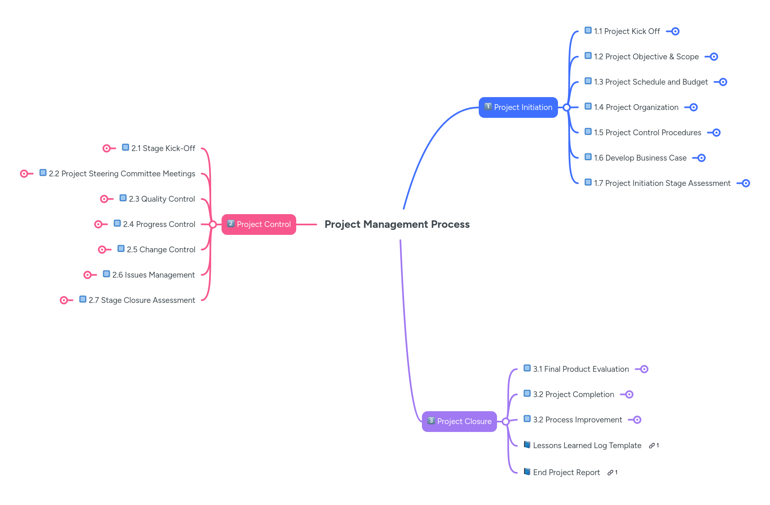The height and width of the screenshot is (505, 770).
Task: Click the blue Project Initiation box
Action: coord(518,107)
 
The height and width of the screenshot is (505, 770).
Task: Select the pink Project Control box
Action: coord(258,224)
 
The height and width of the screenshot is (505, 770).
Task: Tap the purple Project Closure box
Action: coord(459,422)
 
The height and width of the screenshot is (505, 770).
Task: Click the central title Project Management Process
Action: coord(397,224)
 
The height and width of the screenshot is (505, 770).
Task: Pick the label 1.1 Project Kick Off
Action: coord(626,32)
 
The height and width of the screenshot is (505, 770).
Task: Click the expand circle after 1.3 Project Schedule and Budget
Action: coord(723,82)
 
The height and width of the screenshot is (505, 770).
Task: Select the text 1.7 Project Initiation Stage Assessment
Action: coord(662,183)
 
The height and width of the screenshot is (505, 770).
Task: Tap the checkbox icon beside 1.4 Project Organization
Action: coord(588,106)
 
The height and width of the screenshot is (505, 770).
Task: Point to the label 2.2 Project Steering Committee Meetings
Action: coord(122,174)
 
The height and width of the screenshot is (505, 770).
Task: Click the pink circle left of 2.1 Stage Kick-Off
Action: coord(107,149)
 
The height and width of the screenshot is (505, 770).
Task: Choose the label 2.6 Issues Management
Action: coord(153,275)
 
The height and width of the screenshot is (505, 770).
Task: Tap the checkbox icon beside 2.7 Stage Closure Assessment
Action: coord(83,299)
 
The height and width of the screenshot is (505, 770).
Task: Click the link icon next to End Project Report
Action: coord(610,473)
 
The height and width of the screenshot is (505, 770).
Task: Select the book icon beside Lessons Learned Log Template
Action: coord(527,445)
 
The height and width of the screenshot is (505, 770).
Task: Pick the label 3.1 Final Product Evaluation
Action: coord(581,369)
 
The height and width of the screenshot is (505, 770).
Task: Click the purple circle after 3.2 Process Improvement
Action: coord(637,420)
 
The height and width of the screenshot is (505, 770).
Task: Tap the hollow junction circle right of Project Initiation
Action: coord(567,107)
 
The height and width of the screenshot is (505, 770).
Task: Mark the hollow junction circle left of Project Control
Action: coord(212,224)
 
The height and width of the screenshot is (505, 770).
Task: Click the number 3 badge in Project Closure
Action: coord(431,421)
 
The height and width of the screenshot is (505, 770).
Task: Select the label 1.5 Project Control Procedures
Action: coord(647,133)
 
